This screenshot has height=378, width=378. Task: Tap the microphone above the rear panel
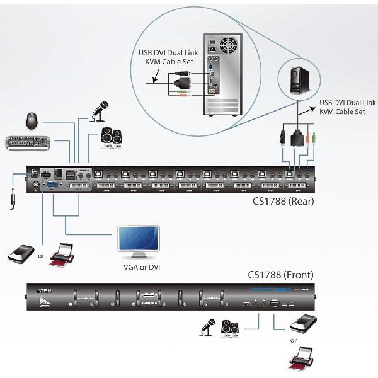tap(101, 111)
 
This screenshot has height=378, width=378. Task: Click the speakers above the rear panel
tap(112, 137)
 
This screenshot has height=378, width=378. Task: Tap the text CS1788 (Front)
tap(280, 275)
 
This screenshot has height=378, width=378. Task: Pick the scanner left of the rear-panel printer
tap(20, 253)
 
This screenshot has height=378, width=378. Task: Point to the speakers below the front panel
tap(229, 327)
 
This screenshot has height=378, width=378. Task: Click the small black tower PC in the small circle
tap(299, 78)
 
